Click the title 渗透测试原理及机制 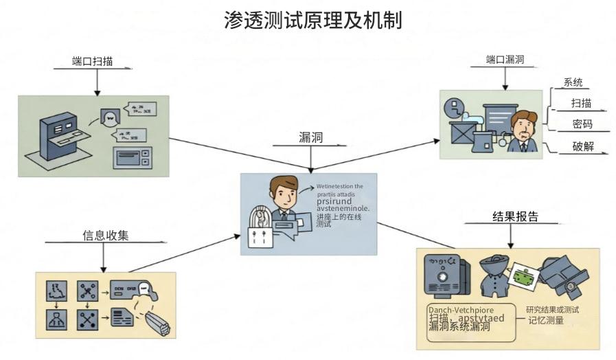click(x=312, y=20)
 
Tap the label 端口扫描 click(x=92, y=61)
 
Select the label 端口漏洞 click(x=505, y=60)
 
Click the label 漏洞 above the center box click(x=311, y=137)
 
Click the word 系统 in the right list click(x=573, y=83)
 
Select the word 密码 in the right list click(x=582, y=124)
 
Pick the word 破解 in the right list click(x=582, y=146)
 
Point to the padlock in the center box click(x=259, y=237)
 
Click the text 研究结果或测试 click(x=553, y=309)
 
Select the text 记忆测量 click(x=546, y=320)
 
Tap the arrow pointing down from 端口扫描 click(x=96, y=82)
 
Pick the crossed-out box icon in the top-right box click(x=461, y=131)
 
